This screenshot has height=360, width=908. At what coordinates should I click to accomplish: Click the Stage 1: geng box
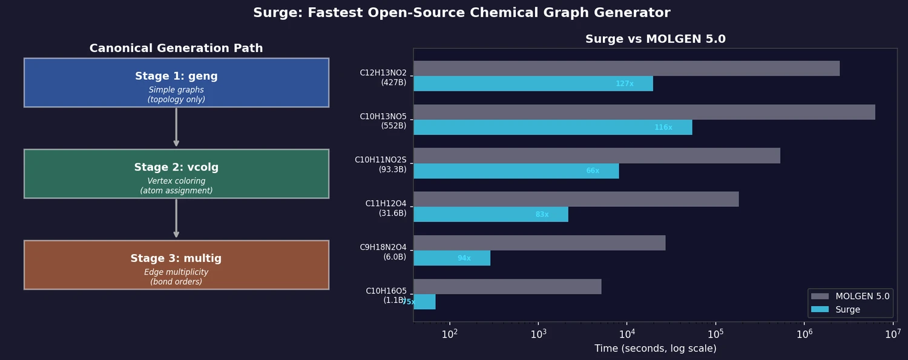pyautogui.click(x=176, y=83)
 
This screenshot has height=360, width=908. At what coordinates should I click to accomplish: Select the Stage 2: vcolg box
pyautogui.click(x=176, y=174)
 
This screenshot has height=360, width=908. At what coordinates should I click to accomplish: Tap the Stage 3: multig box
pyautogui.click(x=176, y=265)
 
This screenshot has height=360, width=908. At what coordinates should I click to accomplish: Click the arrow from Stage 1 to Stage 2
pyautogui.click(x=176, y=128)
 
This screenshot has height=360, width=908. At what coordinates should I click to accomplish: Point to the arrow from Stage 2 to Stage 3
pyautogui.click(x=176, y=219)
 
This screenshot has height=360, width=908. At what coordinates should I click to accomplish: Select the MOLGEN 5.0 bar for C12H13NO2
pyautogui.click(x=626, y=68)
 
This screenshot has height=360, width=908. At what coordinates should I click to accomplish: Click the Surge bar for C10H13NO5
pyautogui.click(x=552, y=127)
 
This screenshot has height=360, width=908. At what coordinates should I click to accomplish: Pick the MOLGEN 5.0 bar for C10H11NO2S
pyautogui.click(x=596, y=155)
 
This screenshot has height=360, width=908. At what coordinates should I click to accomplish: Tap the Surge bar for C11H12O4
pyautogui.click(x=490, y=214)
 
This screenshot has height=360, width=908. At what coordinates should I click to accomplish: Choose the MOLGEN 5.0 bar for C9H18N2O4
pyautogui.click(x=539, y=243)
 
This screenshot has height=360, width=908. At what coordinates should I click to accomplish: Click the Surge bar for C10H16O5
pyautogui.click(x=424, y=302)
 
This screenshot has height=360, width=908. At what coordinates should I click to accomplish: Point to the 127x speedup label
pyautogui.click(x=625, y=83)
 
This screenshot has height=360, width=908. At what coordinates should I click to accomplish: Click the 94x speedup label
pyautogui.click(x=464, y=258)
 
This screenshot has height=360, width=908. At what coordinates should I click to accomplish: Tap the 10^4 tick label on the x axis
pyautogui.click(x=627, y=333)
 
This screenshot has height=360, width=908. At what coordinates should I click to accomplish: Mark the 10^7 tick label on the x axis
pyautogui.click(x=893, y=333)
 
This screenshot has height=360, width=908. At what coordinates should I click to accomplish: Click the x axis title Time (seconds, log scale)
pyautogui.click(x=655, y=349)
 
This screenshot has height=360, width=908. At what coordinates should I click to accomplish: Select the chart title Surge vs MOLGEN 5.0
pyautogui.click(x=655, y=39)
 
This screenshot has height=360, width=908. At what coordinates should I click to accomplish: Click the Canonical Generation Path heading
pyautogui.click(x=176, y=48)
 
